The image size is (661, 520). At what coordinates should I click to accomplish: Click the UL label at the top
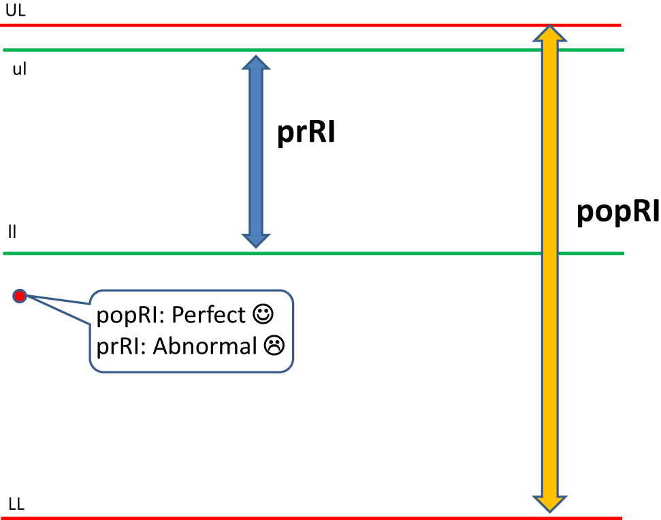click(14, 10)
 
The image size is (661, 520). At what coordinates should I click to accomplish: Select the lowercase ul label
click(20, 70)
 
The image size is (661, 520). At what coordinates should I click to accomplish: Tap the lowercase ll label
click(12, 232)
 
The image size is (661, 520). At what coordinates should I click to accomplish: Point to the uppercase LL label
click(17, 504)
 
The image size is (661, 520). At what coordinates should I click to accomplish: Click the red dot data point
click(19, 296)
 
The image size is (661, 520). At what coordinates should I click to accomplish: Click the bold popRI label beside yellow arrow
click(617, 212)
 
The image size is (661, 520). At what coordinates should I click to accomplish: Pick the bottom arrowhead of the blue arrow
click(256, 239)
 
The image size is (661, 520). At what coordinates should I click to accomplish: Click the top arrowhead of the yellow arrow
click(550, 33)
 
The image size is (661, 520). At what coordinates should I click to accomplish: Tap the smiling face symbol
click(263, 314)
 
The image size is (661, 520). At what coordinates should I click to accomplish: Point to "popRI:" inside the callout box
click(131, 315)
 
